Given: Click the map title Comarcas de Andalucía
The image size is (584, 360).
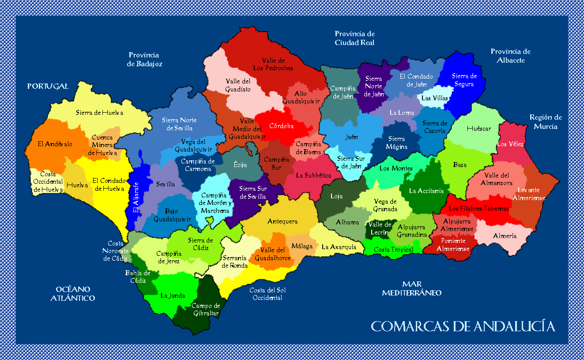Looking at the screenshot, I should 463,326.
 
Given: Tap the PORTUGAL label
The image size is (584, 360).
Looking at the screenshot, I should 48,86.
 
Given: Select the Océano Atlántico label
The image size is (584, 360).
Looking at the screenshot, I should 72,294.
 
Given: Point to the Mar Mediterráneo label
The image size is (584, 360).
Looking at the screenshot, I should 411,288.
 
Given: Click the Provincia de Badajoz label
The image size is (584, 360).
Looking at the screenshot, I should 144,59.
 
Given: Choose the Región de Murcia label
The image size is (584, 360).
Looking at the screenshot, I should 546,122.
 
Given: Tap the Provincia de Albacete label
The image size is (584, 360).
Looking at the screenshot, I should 510,56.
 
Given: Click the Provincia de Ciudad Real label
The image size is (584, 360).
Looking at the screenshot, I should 354,38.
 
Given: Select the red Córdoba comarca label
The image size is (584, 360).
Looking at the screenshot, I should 281,126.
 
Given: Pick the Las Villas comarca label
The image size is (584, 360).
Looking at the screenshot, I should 434,98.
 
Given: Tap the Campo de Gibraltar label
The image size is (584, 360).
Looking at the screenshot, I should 205,310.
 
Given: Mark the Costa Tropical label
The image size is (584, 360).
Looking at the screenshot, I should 393,250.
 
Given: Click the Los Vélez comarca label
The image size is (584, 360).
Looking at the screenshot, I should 510,144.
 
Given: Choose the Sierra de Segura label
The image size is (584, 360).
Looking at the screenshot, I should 464,80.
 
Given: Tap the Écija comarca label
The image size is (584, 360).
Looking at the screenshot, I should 240,165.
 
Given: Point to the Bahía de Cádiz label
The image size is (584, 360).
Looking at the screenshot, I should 137,277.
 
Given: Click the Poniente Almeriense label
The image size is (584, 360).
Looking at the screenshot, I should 453,245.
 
